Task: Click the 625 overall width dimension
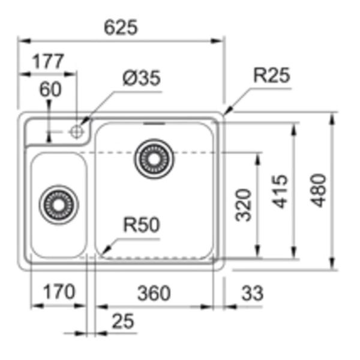(x=121, y=27)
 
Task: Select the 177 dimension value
(x=47, y=61)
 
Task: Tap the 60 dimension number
(x=50, y=89)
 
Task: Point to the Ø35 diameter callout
(x=142, y=79)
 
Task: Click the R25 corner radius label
(x=271, y=76)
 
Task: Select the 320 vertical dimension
(x=244, y=205)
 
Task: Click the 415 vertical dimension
(x=280, y=191)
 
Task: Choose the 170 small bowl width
(x=59, y=292)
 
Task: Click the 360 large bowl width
(x=154, y=293)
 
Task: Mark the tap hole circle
(x=76, y=131)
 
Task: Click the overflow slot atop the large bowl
(x=155, y=123)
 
